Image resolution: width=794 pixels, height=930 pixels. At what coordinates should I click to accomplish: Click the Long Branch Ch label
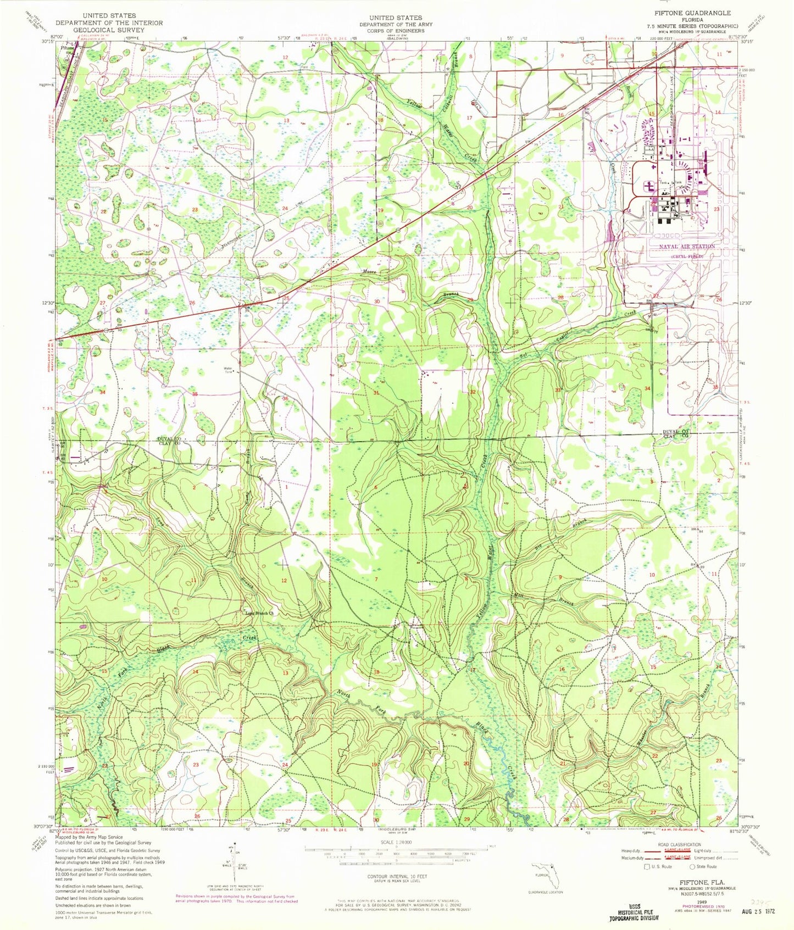[x=259, y=613]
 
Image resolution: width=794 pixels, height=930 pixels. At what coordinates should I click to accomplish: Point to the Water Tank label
[x=227, y=370]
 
